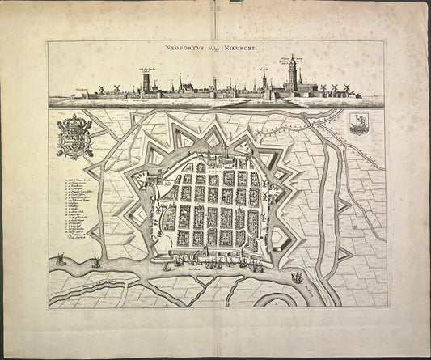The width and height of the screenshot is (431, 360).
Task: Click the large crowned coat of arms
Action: [74, 135]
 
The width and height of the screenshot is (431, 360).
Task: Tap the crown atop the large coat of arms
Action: [74, 121]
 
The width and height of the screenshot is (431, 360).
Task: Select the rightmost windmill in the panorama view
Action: [347, 88]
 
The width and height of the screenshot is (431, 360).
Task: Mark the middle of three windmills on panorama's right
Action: [334, 88]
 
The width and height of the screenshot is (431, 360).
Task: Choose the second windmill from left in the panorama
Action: [117, 88]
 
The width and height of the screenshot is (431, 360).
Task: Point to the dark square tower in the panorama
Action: [146, 83]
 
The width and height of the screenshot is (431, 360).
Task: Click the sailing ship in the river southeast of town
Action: [297, 277]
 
